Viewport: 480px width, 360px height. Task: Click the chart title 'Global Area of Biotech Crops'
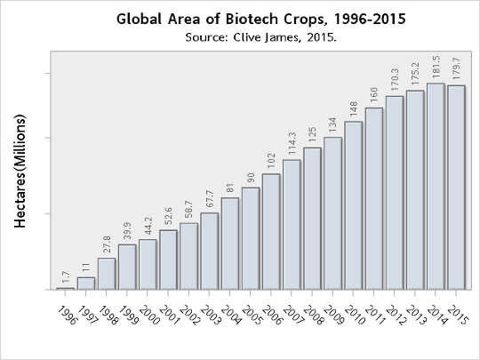240,19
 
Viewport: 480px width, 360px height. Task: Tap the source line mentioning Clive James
240,37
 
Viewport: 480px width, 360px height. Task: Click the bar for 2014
436,187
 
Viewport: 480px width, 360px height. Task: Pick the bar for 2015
456,188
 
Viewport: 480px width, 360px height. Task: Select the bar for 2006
271,232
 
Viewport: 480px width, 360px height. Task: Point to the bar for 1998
107,274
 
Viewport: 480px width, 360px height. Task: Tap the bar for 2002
189,256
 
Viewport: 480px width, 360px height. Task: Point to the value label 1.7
66,276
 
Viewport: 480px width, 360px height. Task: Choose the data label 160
374,96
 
